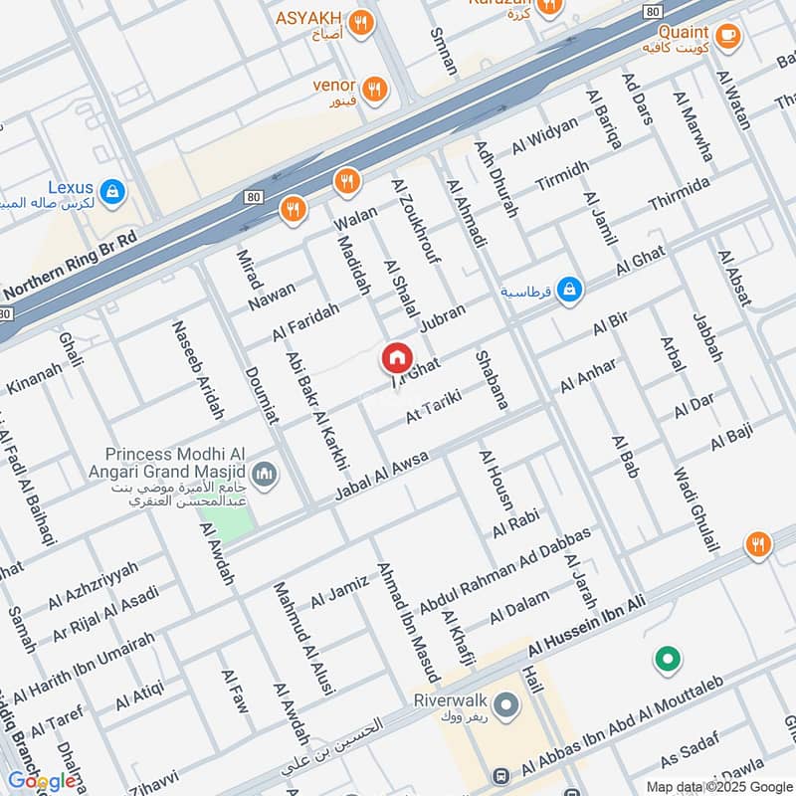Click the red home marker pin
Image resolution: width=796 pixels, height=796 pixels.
tap(396, 357)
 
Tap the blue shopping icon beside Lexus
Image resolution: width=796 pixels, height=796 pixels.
tap(112, 189)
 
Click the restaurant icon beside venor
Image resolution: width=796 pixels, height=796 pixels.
tap(374, 90)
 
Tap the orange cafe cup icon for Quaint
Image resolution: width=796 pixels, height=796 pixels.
tap(728, 35)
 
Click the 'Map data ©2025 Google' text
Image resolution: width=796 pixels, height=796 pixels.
tap(708, 786)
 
